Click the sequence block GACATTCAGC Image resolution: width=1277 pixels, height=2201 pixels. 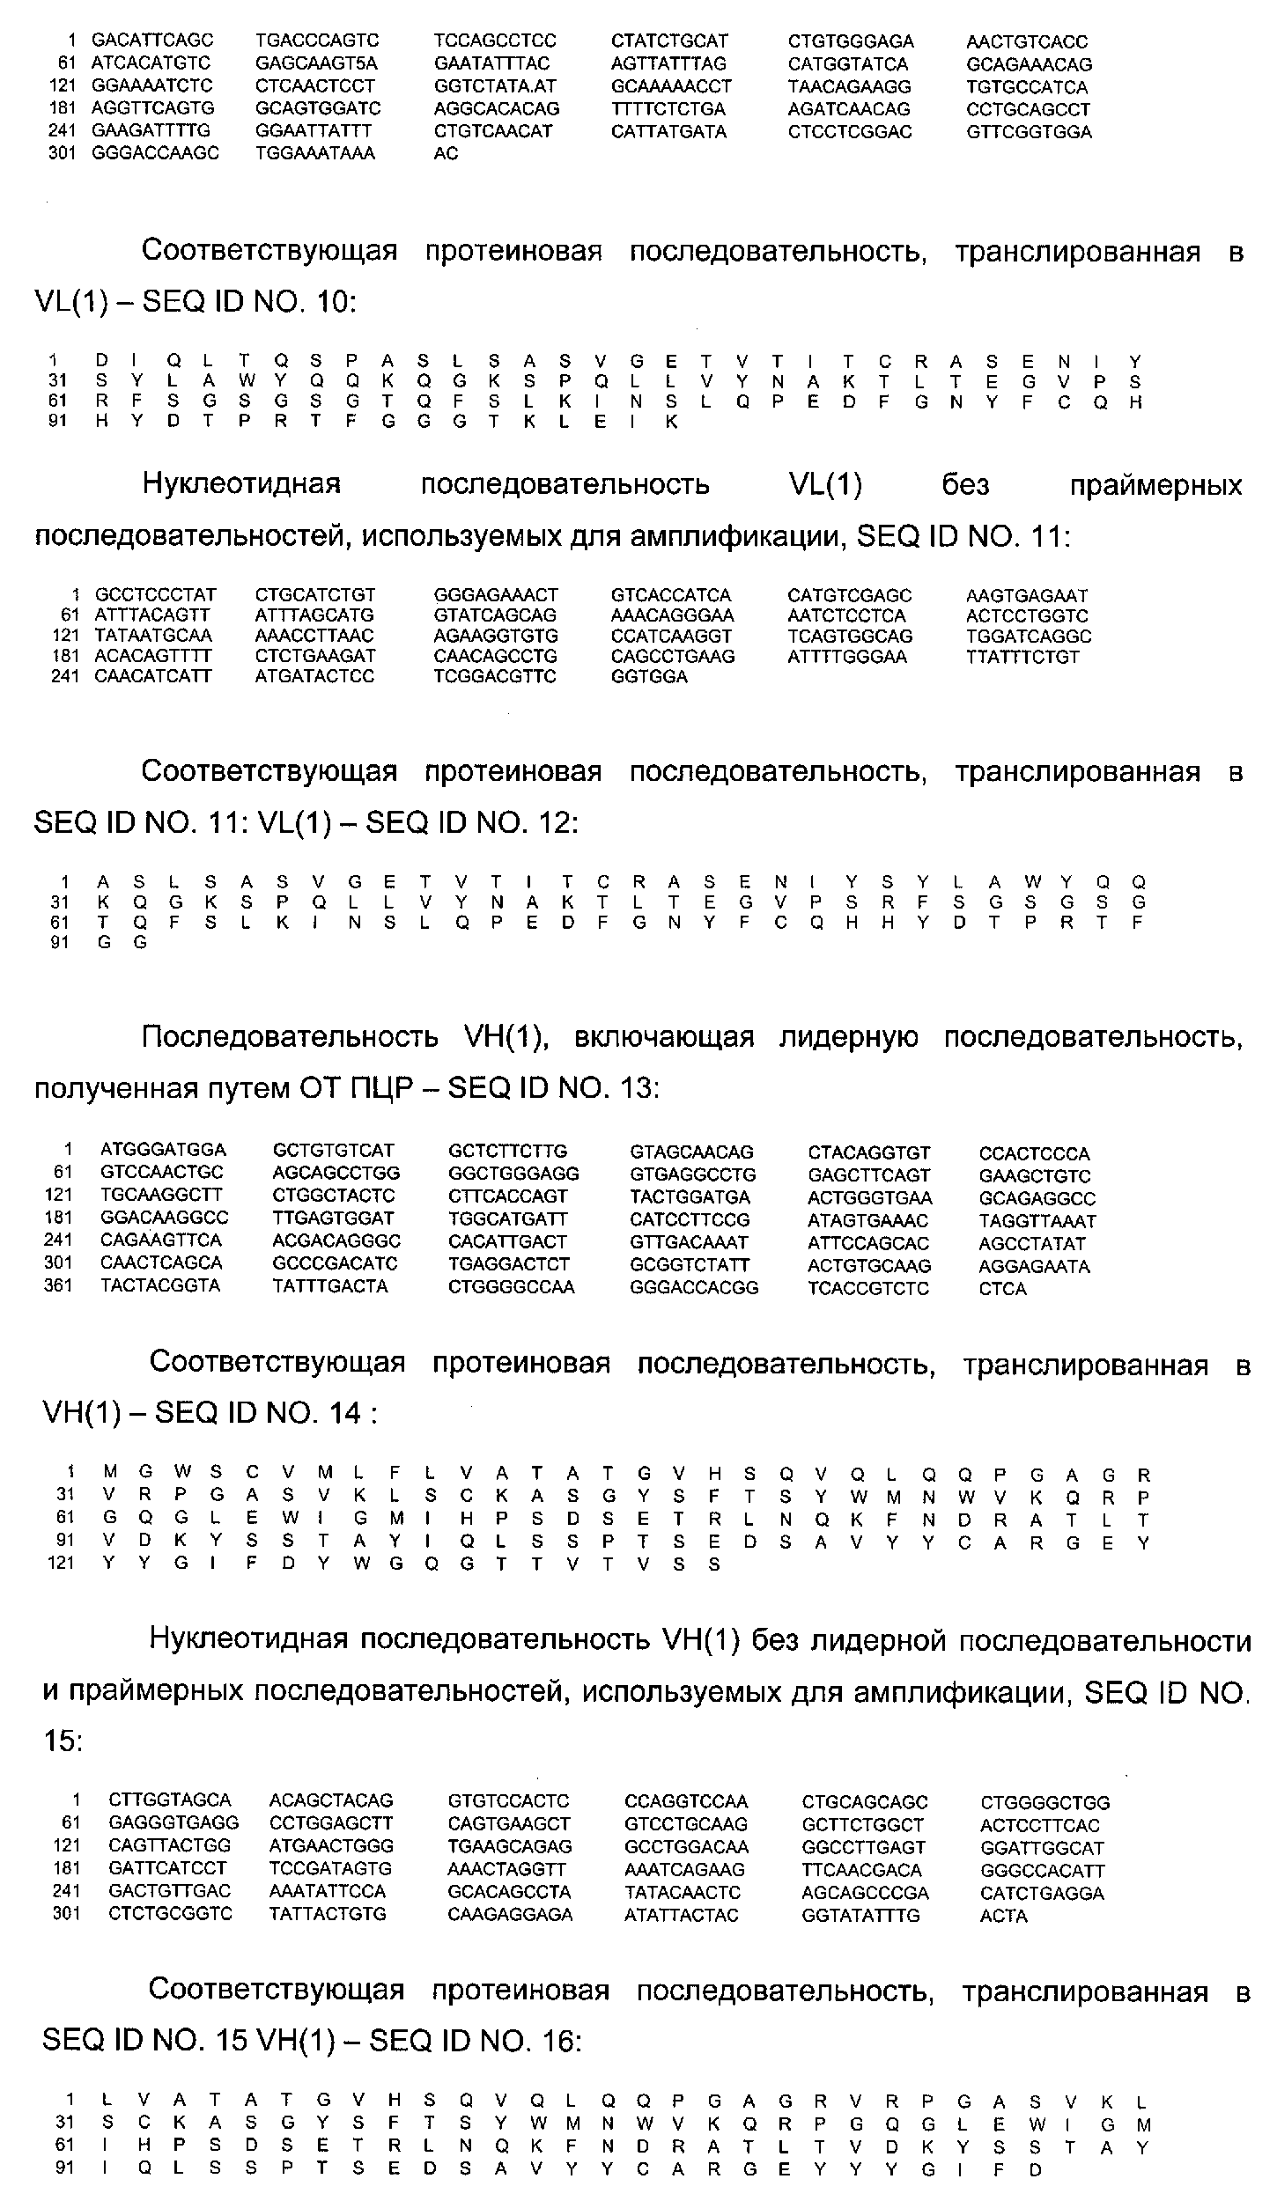152,40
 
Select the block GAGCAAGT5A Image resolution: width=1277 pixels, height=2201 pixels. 316,63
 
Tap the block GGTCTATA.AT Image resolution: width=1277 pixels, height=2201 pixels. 495,86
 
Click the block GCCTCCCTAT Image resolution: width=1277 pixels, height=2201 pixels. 155,595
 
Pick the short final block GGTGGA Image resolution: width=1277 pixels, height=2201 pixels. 649,677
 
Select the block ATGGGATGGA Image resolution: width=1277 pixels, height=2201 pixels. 163,1150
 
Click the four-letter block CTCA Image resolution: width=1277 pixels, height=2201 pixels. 1002,1289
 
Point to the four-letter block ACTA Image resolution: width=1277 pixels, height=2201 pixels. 1003,1916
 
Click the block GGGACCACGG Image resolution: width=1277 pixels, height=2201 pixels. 694,1287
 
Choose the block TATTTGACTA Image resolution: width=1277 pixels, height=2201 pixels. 330,1286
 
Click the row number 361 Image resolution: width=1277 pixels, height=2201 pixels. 58,1286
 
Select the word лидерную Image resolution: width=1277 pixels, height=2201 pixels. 848,1038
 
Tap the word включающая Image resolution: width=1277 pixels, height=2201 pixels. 664,1038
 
